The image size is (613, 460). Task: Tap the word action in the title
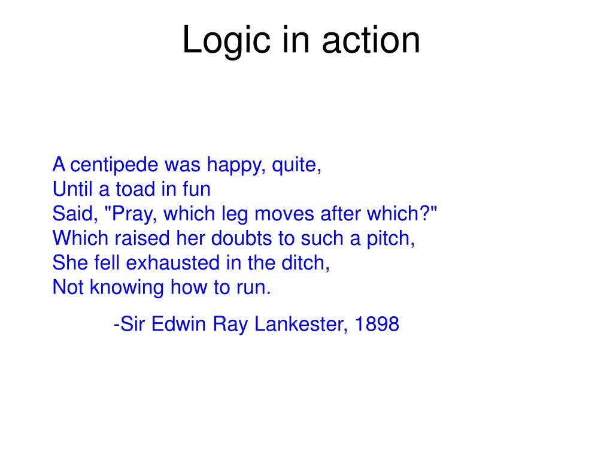(371, 40)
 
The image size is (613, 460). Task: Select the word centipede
(114, 165)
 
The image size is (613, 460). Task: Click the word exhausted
(173, 263)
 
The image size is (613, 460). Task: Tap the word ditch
(305, 263)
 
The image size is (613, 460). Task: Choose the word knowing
(127, 288)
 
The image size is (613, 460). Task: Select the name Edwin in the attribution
(178, 324)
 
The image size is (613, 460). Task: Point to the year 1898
(377, 324)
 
